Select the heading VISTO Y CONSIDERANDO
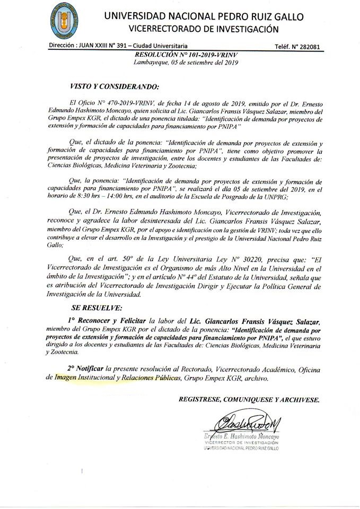click(114, 85)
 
